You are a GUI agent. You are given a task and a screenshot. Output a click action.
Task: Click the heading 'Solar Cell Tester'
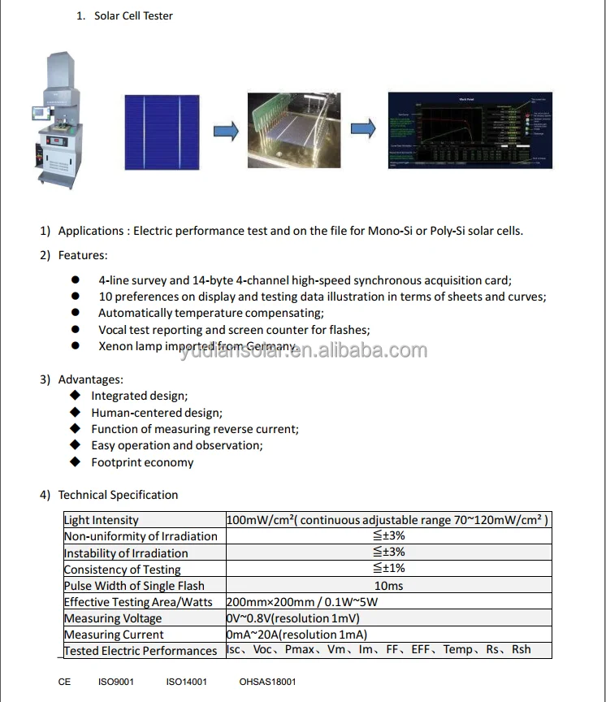[133, 15]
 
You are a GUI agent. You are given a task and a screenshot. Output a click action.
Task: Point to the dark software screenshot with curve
[470, 130]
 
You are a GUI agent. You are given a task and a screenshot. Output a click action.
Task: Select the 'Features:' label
[83, 255]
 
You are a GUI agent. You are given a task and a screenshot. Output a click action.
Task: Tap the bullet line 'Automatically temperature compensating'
[210, 313]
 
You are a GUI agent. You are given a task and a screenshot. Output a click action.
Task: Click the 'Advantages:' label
[91, 379]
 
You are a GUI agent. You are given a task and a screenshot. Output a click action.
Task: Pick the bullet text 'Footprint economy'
[142, 462]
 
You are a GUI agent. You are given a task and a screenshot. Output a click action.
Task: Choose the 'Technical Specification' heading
[118, 495]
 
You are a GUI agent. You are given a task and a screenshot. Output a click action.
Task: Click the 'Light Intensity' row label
[102, 520]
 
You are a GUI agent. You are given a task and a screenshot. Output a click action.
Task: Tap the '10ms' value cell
[388, 586]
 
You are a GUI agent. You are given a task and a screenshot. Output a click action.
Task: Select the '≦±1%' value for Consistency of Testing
[388, 569]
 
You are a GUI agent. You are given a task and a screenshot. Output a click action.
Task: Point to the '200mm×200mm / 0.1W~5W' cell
[302, 602]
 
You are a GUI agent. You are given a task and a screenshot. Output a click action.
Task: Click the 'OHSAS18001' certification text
[267, 682]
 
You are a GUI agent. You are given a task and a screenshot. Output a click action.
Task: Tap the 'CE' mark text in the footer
[65, 682]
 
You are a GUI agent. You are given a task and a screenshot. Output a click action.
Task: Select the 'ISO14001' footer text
[186, 682]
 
